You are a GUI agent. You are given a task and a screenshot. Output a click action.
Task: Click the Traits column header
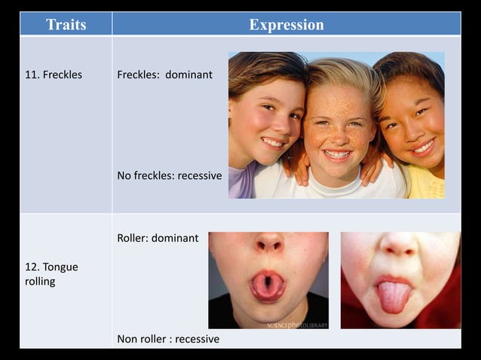(66, 24)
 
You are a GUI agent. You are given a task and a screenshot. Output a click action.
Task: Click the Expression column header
(286, 24)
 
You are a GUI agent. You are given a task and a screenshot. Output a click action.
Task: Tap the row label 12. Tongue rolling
(51, 274)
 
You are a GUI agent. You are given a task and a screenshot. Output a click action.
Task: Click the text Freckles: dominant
(164, 75)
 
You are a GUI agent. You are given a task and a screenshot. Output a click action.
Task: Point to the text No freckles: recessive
(170, 175)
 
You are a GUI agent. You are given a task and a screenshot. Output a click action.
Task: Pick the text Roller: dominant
(158, 238)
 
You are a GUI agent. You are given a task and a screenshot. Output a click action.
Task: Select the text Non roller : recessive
(168, 339)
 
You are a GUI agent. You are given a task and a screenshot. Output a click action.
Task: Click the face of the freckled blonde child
(338, 128)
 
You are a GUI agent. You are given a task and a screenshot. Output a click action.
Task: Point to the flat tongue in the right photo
(394, 296)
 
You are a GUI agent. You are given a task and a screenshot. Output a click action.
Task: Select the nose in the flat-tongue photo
(399, 246)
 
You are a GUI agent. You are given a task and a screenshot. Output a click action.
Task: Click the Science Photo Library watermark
(297, 325)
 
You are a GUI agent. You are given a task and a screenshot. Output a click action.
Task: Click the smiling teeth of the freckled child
(337, 154)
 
